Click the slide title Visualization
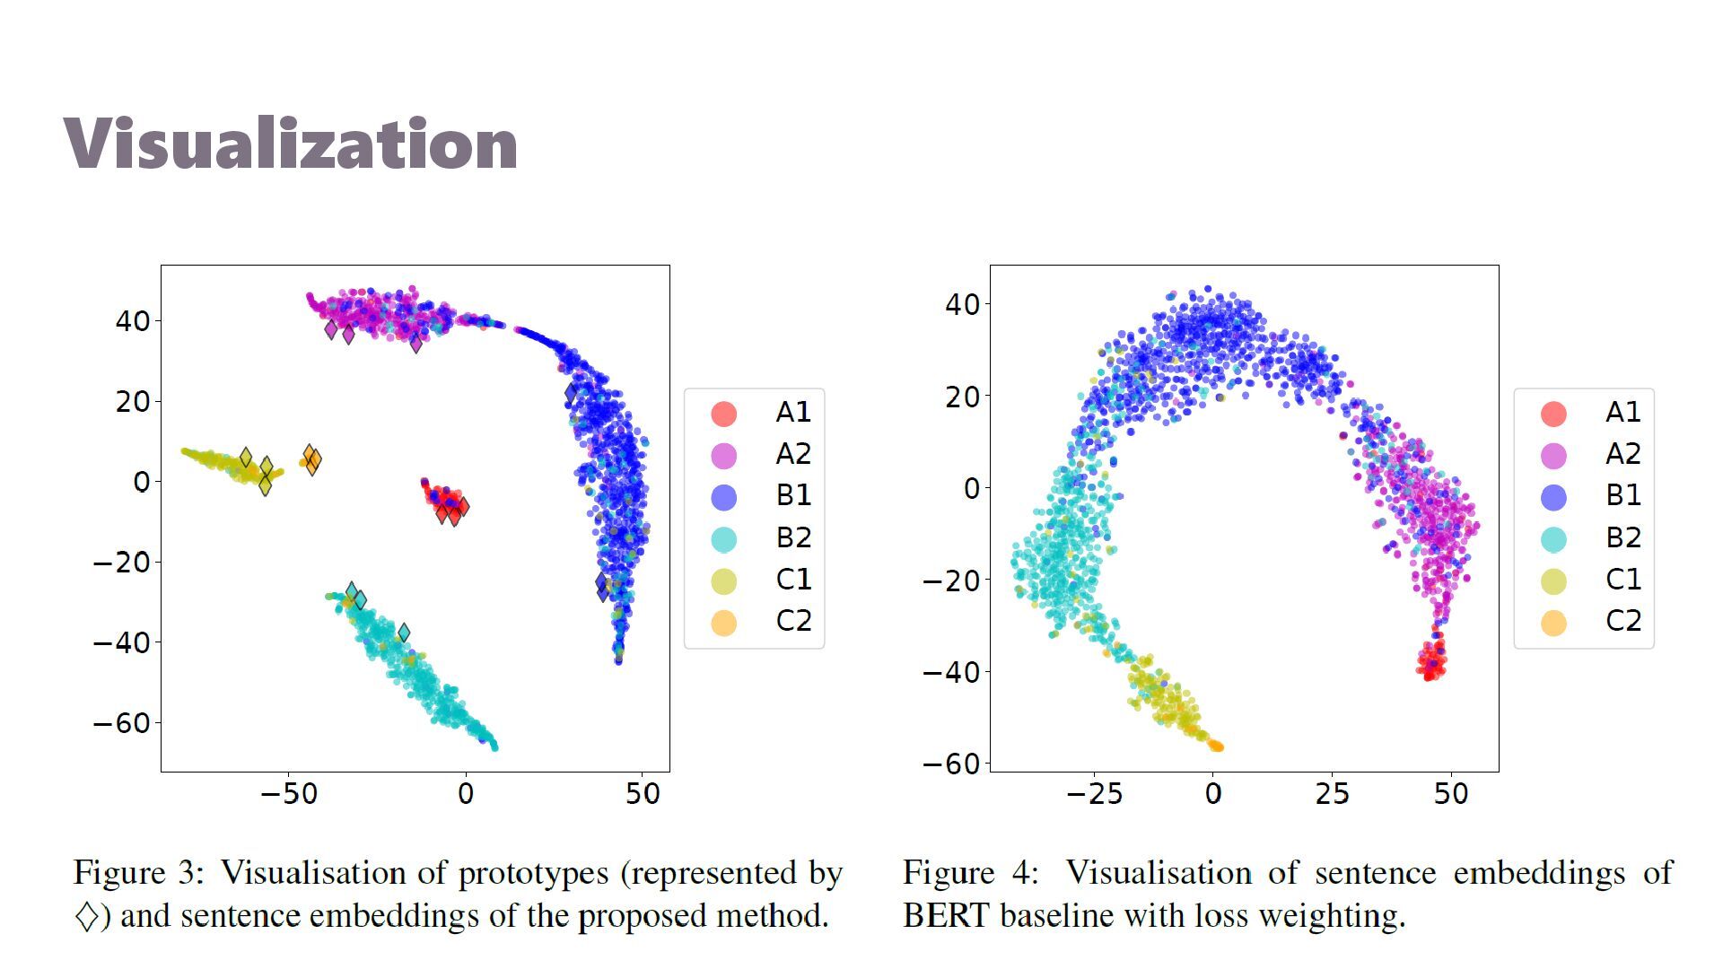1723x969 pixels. pyautogui.click(x=290, y=144)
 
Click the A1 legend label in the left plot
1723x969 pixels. pyautogui.click(x=793, y=412)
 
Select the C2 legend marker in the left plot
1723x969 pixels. pyautogui.click(x=724, y=622)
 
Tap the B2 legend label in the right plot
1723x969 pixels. pyautogui.click(x=1622, y=537)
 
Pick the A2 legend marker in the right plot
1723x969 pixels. pyautogui.click(x=1553, y=455)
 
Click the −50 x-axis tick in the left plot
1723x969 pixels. pyautogui.click(x=289, y=794)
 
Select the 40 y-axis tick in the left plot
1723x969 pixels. pyautogui.click(x=133, y=321)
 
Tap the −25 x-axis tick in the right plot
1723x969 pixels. pyautogui.click(x=1094, y=794)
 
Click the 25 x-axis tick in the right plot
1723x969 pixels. pyautogui.click(x=1332, y=794)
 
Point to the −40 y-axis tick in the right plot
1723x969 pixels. pyautogui.click(x=951, y=672)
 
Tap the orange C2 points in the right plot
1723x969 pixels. pyautogui.click(x=1216, y=746)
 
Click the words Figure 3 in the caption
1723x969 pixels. pyautogui.click(x=139, y=873)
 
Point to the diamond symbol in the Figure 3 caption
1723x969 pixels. pyautogui.click(x=87, y=917)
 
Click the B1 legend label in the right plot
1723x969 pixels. pyautogui.click(x=1622, y=495)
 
